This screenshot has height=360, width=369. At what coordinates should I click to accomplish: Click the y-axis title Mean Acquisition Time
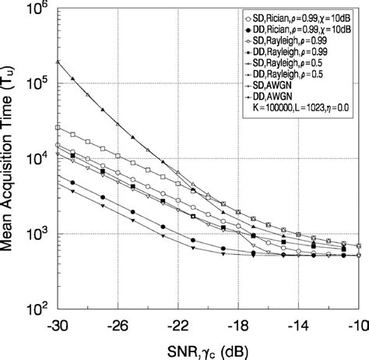(x=11, y=156)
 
